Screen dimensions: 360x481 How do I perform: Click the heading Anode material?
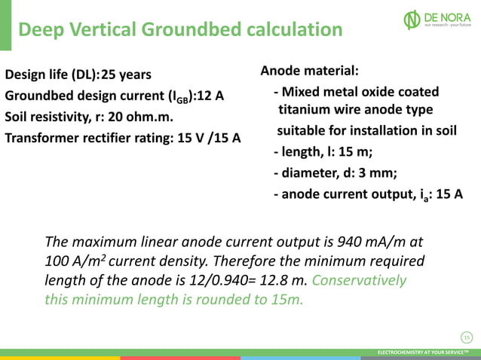309,72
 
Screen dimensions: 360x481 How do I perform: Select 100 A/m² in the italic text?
75,261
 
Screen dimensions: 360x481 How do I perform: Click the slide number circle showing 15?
466,336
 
